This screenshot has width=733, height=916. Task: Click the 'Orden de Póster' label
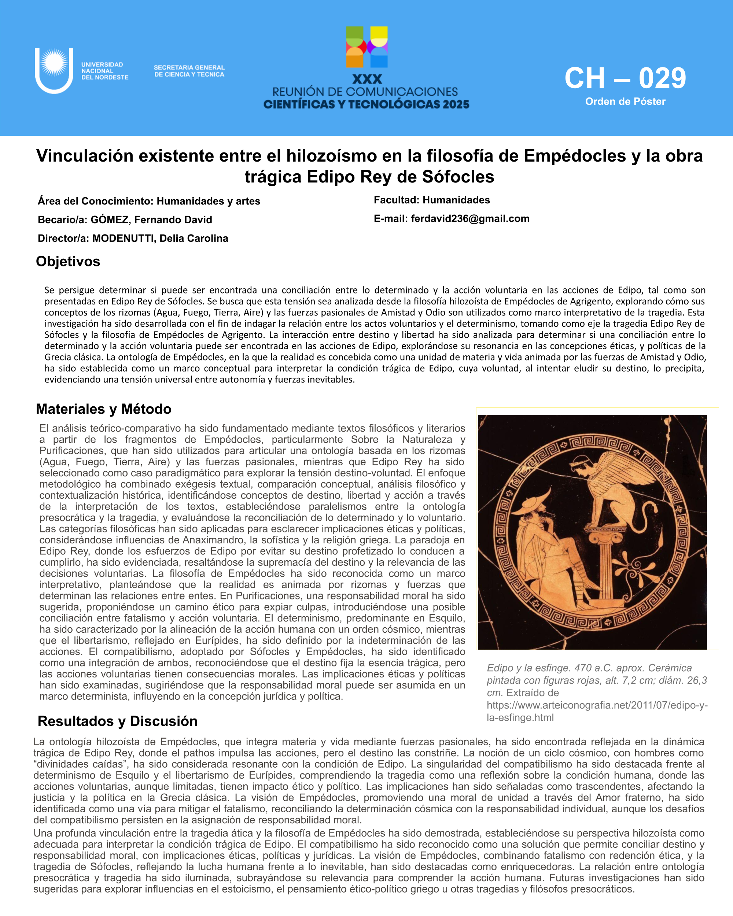pos(625,101)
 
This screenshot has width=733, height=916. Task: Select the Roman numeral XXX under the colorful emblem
pos(367,80)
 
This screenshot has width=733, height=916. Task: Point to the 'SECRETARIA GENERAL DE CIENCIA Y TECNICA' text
pos(189,71)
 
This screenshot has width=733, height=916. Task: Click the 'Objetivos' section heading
pos(68,261)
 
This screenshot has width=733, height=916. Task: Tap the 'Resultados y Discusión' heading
pos(118,721)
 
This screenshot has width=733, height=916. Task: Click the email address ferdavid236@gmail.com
pos(470,219)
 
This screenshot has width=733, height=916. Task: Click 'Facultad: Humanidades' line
pos(432,200)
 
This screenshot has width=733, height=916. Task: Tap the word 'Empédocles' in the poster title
pos(575,156)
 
